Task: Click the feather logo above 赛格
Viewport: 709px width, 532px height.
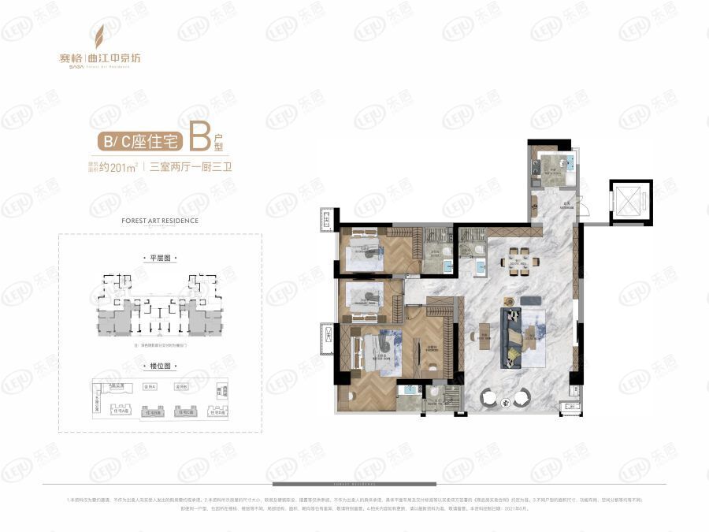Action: click(x=99, y=36)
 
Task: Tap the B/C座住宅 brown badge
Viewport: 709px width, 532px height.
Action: click(x=139, y=143)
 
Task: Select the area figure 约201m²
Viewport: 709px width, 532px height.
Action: click(x=122, y=166)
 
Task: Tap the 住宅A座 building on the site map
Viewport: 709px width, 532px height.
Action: click(x=123, y=411)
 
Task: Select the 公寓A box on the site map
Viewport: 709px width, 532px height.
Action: click(x=150, y=387)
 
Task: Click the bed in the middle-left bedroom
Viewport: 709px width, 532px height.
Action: click(x=365, y=298)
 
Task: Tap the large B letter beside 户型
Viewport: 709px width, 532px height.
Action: click(x=201, y=138)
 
